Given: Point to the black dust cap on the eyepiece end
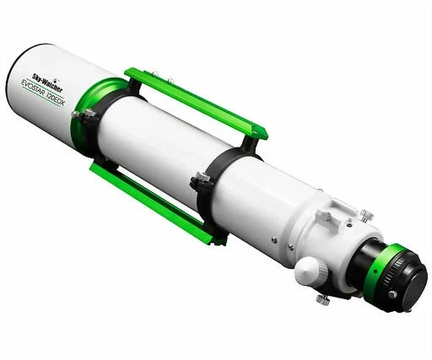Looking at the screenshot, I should tap(408, 278).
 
